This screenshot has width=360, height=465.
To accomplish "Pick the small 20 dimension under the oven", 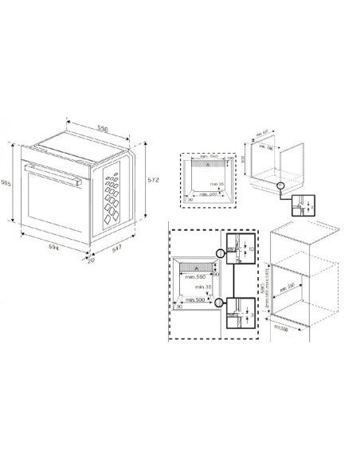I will pyautogui.click(x=92, y=260).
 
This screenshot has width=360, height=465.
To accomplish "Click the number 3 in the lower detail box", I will pyautogui.click(x=250, y=315).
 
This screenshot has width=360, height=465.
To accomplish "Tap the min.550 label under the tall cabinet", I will pyautogui.click(x=280, y=327).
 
